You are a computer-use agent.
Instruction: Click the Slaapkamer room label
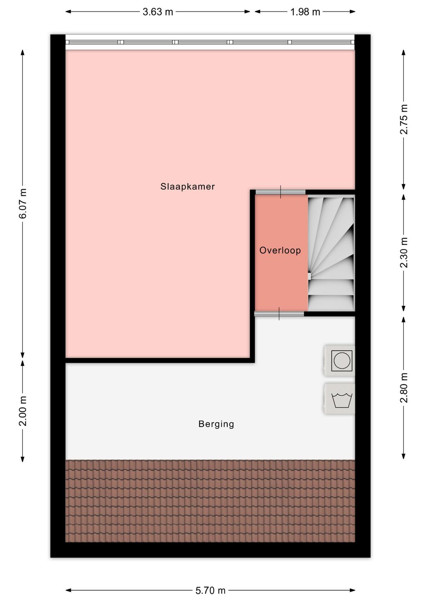(188, 187)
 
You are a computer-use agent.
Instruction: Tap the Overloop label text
(280, 251)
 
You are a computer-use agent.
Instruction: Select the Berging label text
(217, 424)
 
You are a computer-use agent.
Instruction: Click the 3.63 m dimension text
(158, 12)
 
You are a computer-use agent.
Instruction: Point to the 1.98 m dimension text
(305, 12)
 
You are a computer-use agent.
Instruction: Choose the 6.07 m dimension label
(23, 204)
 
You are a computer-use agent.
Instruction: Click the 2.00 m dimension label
(23, 411)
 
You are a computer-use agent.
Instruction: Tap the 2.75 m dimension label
(404, 119)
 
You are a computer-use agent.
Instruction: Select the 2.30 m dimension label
(404, 252)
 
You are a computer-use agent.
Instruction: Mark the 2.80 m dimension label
(404, 387)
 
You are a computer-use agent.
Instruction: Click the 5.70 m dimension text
(210, 591)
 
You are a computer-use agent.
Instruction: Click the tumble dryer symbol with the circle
(340, 361)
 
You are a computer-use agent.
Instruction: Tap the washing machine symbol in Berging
(340, 399)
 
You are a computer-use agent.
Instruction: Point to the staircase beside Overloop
(331, 254)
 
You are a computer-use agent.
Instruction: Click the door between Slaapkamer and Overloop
(280, 192)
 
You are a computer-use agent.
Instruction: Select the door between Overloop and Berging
(279, 314)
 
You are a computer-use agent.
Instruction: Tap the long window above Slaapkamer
(210, 42)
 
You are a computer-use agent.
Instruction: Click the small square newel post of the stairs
(309, 276)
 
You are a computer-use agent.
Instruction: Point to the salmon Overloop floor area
(281, 253)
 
